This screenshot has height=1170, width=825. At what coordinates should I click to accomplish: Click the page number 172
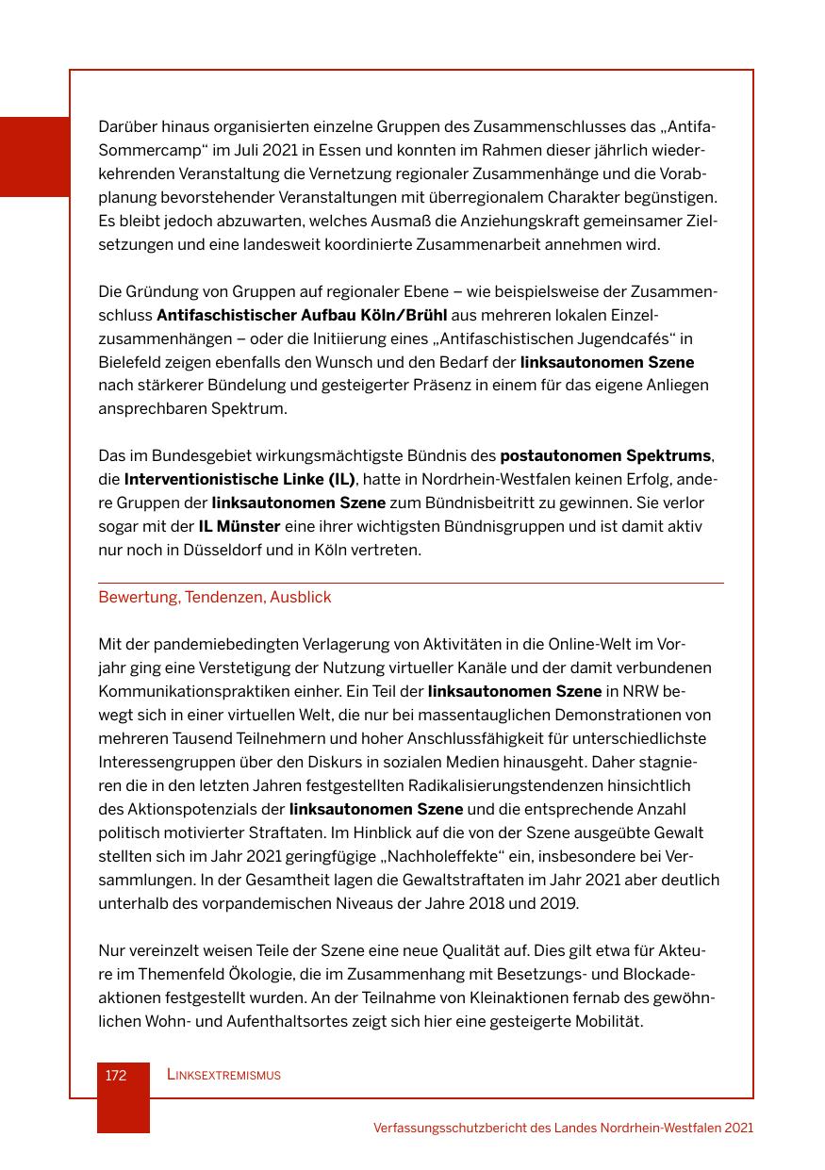tap(116, 1076)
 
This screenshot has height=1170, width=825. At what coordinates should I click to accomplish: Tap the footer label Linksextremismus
tap(223, 1076)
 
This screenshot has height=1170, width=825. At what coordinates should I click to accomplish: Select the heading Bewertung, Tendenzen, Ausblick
tap(215, 598)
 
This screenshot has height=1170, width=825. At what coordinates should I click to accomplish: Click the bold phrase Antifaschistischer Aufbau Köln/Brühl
tap(302, 315)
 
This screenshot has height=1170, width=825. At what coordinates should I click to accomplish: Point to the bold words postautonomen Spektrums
tap(605, 456)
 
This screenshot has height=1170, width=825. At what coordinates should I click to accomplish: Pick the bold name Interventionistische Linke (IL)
tap(240, 480)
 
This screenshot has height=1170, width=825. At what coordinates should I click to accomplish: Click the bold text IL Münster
tap(239, 527)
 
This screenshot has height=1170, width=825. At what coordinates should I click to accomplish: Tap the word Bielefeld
tap(130, 362)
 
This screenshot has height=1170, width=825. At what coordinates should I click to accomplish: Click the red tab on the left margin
tap(35, 157)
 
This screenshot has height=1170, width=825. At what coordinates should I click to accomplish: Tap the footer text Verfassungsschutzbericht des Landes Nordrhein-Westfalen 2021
tap(563, 1128)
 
